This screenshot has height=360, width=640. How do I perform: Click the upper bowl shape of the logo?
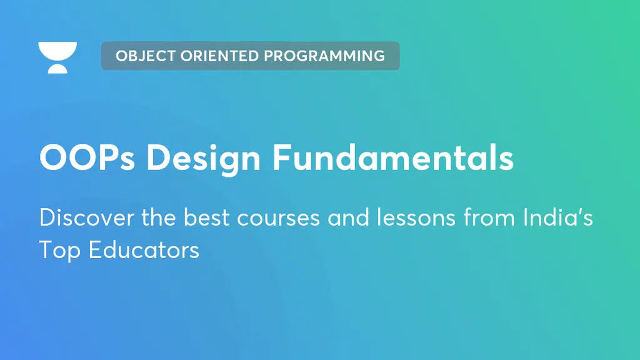click(57, 51)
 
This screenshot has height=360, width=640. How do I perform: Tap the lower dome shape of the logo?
click(57, 68)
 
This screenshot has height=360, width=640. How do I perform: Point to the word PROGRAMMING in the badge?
click(324, 56)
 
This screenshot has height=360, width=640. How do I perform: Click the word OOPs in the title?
click(88, 157)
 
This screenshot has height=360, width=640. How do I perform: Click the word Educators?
click(143, 250)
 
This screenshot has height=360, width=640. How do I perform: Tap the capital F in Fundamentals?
click(281, 157)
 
